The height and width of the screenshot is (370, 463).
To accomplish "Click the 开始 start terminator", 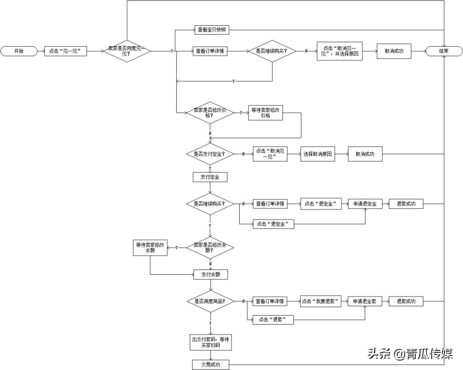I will click(x=19, y=51).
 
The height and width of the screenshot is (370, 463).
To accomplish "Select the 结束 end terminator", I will click(x=444, y=51).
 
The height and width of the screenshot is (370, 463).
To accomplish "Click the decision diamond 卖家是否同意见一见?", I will click(x=127, y=51).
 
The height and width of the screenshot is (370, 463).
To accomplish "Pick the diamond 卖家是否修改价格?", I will click(x=210, y=113).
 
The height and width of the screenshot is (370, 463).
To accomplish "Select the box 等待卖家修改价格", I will click(x=266, y=113).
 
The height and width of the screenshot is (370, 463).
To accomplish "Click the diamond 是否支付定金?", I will click(x=210, y=153).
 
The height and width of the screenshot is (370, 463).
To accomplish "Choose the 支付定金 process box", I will click(x=210, y=177).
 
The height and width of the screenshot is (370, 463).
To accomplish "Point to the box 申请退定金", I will click(x=365, y=204).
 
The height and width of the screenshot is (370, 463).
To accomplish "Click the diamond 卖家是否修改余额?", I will click(x=210, y=247).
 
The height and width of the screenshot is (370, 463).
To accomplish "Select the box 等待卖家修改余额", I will click(x=150, y=248).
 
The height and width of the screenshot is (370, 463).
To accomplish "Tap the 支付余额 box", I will click(x=210, y=274).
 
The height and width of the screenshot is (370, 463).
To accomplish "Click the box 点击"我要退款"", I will click(x=321, y=301).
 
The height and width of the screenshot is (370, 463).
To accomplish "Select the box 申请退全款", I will click(x=365, y=301).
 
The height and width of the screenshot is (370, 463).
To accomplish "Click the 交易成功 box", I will click(x=210, y=364).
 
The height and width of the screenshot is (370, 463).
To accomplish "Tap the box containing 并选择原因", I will click(x=340, y=51).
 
